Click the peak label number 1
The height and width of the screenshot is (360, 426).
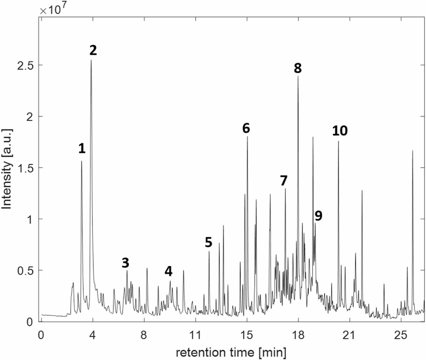point(82,149)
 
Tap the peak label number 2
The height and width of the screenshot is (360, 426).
point(93,50)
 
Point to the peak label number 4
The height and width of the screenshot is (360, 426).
point(169,271)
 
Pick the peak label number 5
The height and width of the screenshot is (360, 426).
point(209,242)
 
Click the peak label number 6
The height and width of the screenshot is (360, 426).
point(246,128)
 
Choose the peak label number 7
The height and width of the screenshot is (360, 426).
point(284,181)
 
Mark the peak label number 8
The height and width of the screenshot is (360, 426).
point(298,68)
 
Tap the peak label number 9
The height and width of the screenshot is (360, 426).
point(318,216)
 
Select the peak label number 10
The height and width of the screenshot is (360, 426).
point(340,131)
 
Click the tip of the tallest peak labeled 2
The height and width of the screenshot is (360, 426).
point(91,61)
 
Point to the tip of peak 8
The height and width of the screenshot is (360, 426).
point(298,77)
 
